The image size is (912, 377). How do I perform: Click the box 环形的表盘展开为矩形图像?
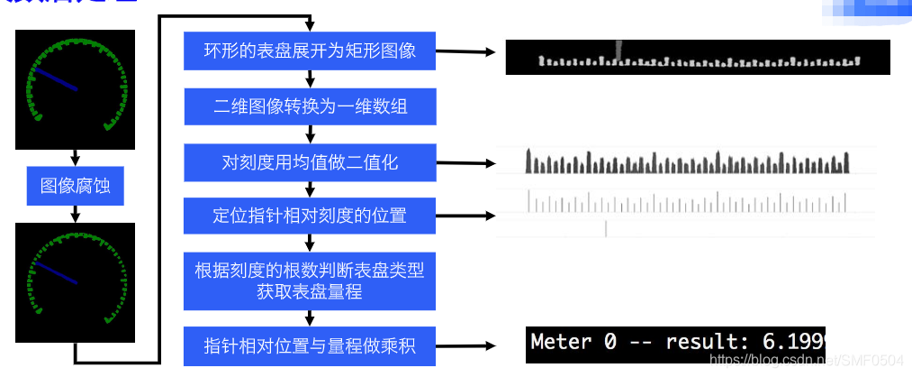tap(311, 51)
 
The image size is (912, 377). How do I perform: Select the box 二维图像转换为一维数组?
tap(311, 106)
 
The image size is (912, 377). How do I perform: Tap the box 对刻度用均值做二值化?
tap(311, 162)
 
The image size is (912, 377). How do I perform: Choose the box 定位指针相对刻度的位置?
tap(311, 216)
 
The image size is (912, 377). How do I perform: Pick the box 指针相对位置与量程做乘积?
tap(311, 345)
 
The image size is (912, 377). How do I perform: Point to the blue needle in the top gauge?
tap(56, 79)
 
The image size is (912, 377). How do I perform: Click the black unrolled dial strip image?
tap(698, 57)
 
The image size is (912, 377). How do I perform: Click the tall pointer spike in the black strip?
tap(617, 50)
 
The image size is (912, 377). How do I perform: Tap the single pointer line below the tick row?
tap(606, 229)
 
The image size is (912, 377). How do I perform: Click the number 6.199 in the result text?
tap(791, 343)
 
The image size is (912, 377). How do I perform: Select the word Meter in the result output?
tap(562, 343)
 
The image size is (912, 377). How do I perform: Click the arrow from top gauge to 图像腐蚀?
tap(76, 157)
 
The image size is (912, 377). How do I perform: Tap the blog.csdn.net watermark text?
tap(806, 360)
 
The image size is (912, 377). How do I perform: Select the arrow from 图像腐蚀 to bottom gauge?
tap(76, 215)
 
